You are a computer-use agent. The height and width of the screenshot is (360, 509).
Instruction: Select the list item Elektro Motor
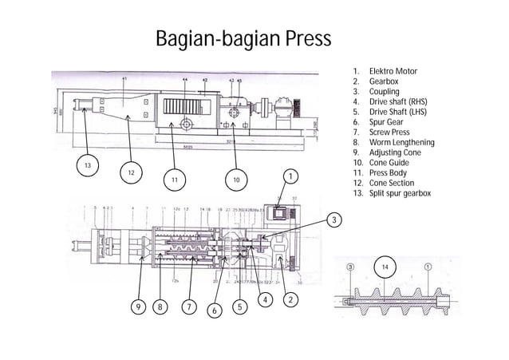click(x=393, y=72)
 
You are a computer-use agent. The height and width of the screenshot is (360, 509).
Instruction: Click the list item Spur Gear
click(x=387, y=122)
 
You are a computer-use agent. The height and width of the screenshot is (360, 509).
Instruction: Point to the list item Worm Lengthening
click(x=401, y=143)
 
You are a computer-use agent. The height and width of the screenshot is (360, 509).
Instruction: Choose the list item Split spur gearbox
click(x=399, y=194)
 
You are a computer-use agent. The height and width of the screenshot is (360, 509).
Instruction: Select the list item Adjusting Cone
click(x=396, y=152)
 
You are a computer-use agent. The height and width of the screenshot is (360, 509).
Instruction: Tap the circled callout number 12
click(x=132, y=173)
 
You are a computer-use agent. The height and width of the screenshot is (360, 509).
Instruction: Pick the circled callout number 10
click(x=235, y=180)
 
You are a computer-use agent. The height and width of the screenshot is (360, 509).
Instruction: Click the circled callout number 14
click(x=387, y=267)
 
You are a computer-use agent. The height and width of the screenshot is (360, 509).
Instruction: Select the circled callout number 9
click(x=140, y=306)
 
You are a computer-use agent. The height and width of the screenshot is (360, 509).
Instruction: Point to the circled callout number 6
click(x=213, y=310)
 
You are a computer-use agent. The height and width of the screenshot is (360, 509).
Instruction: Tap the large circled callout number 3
click(x=336, y=219)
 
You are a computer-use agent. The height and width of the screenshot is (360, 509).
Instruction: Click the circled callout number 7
click(x=188, y=306)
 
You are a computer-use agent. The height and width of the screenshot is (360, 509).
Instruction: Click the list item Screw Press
click(x=389, y=133)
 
